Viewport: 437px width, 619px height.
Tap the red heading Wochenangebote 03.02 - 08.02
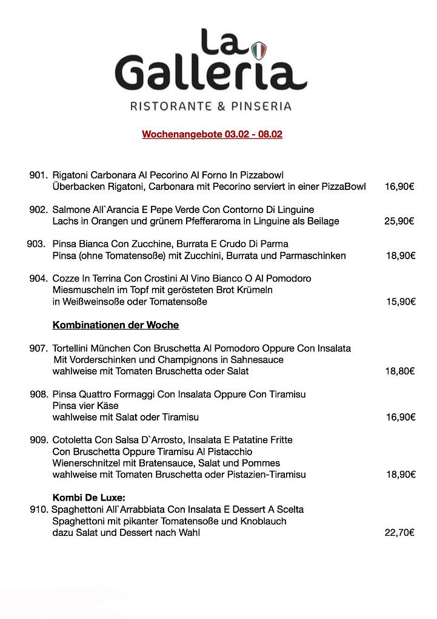point(212,134)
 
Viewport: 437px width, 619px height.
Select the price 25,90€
point(399,221)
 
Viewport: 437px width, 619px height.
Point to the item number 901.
point(38,175)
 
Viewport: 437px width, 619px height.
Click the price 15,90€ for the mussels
point(401,302)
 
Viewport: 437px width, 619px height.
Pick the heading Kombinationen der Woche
point(116,325)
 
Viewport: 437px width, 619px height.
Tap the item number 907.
point(38,348)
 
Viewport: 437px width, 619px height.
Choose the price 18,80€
point(400,371)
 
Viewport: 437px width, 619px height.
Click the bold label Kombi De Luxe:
point(89,498)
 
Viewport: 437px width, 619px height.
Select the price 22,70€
point(399,533)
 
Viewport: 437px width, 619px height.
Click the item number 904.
point(38,279)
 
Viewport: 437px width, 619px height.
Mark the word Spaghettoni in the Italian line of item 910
point(77,509)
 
